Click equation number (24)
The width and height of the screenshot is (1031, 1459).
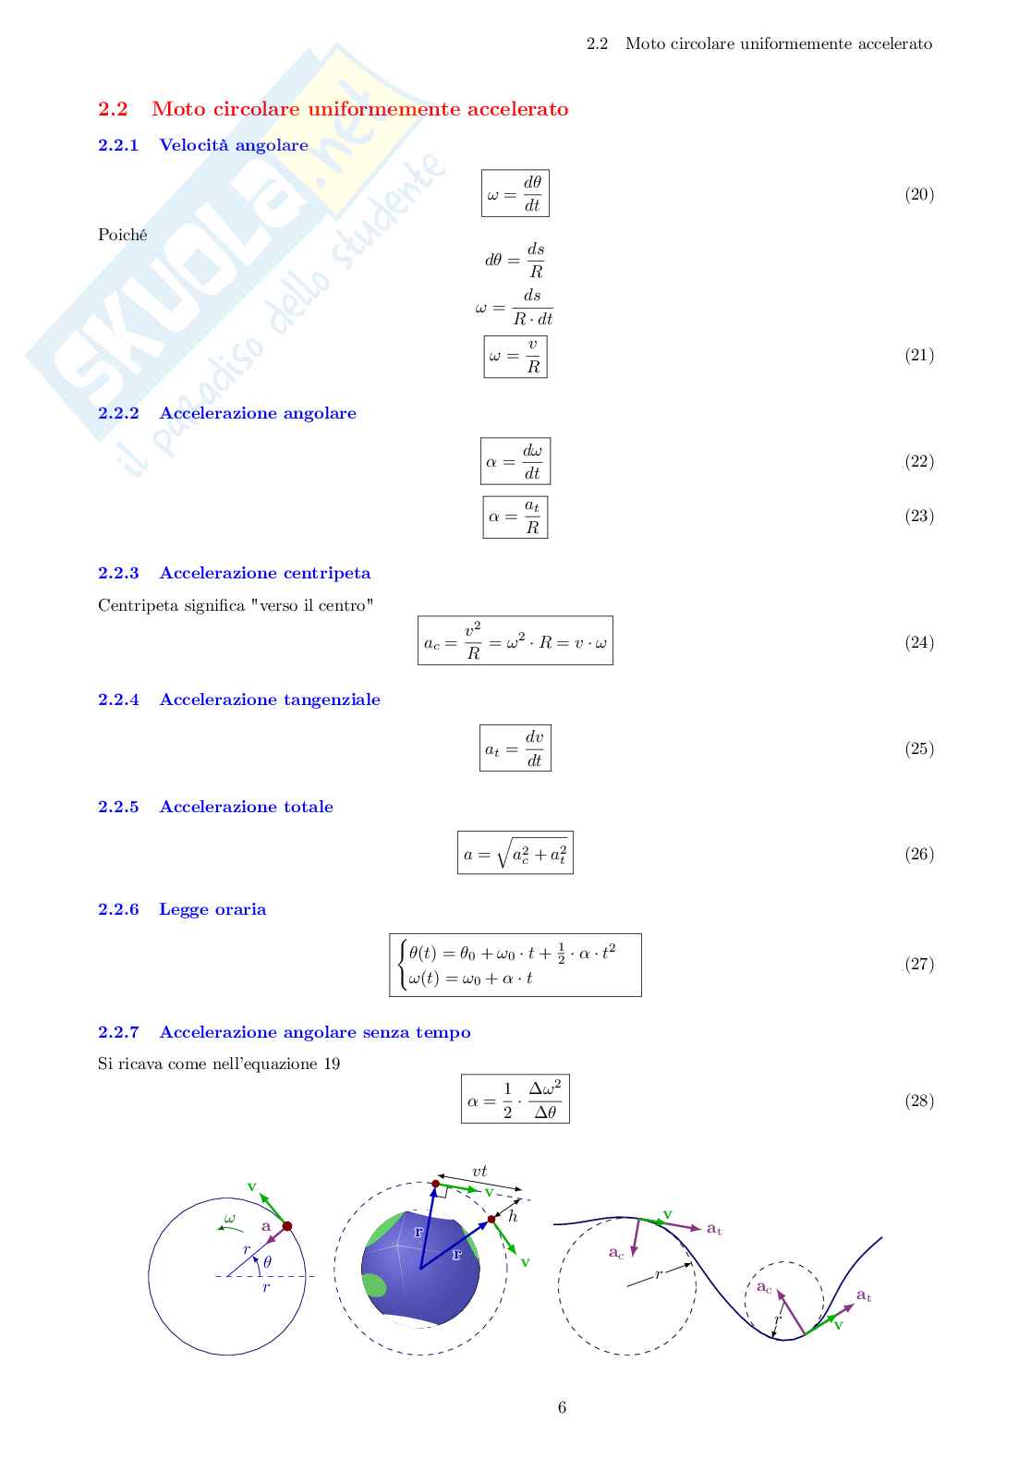[x=919, y=642]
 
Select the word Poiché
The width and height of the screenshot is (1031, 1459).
[x=123, y=235]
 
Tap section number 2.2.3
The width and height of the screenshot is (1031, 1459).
[x=118, y=573]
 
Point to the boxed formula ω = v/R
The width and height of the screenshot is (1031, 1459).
[x=515, y=357]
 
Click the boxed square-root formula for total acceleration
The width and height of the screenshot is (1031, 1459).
[x=515, y=853]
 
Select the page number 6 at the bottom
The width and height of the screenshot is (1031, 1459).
[x=562, y=1407]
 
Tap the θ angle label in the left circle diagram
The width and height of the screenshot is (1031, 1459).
[x=267, y=1262]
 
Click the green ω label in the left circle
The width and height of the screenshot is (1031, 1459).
[x=229, y=1218]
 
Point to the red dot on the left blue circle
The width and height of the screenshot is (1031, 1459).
[x=287, y=1226]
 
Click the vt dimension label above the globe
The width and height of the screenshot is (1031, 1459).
[x=479, y=1171]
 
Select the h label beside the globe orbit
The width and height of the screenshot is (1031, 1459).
[x=513, y=1215]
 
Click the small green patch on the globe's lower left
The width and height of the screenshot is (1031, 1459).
[x=374, y=1284]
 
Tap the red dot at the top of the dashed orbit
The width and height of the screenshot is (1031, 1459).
[x=436, y=1184]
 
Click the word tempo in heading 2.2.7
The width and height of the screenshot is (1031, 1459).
[x=443, y=1033]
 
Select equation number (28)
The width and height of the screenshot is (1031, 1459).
[x=919, y=1100]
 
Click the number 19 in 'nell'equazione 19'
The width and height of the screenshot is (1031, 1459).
[x=332, y=1064]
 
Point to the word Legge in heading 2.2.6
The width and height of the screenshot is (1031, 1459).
[x=181, y=910]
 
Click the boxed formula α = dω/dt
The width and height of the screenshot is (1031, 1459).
[x=515, y=461]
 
